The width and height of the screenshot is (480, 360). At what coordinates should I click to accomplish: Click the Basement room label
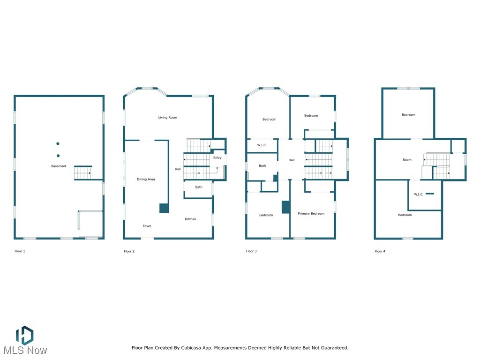[59, 166]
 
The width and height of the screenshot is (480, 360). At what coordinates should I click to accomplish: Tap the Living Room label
[167, 118]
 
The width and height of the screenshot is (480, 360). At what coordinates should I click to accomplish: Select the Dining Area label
[146, 180]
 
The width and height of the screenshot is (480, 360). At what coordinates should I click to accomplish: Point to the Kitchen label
[190, 219]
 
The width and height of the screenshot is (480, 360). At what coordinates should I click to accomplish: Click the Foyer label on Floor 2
[147, 226]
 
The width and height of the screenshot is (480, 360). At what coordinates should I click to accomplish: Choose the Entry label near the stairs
[217, 158]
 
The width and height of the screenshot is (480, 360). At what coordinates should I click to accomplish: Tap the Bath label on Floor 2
[199, 187]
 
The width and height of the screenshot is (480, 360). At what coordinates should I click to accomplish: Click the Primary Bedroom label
[311, 214]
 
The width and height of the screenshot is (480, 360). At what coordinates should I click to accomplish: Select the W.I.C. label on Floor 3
[262, 145]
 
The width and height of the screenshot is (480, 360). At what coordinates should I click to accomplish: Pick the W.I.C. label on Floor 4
[419, 195]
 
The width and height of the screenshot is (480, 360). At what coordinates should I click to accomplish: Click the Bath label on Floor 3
[262, 166]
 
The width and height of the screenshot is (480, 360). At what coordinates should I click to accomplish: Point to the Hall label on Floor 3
[292, 160]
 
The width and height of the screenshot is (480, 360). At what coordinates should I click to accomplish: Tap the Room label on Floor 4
[407, 160]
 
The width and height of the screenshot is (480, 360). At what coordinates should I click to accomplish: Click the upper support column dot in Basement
[58, 143]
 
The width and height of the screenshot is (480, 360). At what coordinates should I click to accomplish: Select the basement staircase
[82, 173]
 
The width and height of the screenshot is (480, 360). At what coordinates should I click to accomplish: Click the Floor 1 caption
[20, 252]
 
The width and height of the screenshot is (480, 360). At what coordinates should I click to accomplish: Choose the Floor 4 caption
[380, 252]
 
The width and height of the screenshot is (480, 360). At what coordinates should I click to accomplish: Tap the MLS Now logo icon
[24, 335]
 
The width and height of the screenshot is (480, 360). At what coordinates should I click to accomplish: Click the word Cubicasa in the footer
[202, 348]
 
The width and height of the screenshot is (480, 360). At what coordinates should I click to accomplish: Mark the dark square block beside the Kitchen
[164, 208]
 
